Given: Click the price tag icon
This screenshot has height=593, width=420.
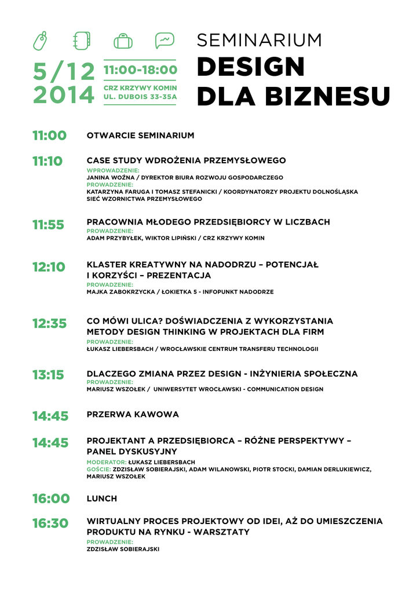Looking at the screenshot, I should [x=40, y=41].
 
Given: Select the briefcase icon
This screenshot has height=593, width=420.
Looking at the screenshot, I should [x=123, y=41].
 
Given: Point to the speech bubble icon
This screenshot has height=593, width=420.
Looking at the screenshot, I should [x=165, y=41].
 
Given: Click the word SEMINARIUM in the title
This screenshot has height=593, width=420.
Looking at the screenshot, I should [x=259, y=40].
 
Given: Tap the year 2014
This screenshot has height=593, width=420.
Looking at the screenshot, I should [x=63, y=94].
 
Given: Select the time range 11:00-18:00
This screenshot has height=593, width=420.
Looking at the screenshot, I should [x=140, y=69].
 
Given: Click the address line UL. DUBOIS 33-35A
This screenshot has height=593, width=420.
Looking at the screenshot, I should [x=140, y=97].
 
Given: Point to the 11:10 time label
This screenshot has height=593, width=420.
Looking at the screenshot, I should [x=48, y=161].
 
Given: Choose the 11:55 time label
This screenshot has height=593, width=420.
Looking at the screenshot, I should [x=48, y=225].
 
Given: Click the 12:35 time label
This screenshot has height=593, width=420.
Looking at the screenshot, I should [x=49, y=324].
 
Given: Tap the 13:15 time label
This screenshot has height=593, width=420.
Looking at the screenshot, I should [x=48, y=375].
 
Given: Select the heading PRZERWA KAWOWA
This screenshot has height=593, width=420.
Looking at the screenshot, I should [x=133, y=415].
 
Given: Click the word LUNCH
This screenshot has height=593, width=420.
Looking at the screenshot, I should [x=102, y=499].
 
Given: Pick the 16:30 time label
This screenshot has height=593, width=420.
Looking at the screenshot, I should [x=50, y=524].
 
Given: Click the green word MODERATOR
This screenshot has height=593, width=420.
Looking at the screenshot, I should [x=106, y=462].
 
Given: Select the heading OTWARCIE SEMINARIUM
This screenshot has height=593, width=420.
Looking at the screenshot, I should [x=140, y=136].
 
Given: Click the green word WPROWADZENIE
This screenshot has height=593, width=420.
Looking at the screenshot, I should [x=113, y=170].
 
